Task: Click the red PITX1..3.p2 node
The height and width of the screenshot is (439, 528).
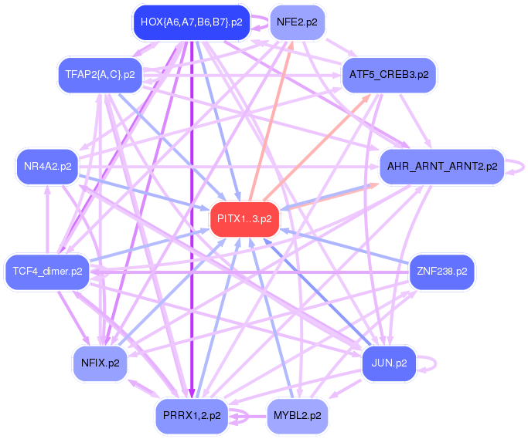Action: tap(244, 219)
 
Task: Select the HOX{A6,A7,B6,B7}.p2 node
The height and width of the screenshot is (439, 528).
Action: tap(192, 22)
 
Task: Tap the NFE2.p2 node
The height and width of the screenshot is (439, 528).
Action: tap(297, 22)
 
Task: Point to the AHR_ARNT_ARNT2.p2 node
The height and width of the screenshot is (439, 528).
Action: tap(442, 166)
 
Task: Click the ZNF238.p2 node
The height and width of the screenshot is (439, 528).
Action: tap(441, 272)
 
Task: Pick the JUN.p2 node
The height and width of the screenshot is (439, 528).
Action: tap(389, 363)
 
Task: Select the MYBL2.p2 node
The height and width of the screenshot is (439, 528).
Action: tap(297, 416)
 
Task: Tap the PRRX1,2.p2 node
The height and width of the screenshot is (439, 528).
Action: tap(192, 416)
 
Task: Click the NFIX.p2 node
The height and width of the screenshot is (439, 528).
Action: tap(100, 363)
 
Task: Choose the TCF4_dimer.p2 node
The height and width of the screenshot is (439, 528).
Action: tap(47, 272)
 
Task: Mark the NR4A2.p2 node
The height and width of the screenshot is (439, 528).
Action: tap(47, 166)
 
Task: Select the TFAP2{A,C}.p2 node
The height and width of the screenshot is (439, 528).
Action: tap(100, 75)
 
